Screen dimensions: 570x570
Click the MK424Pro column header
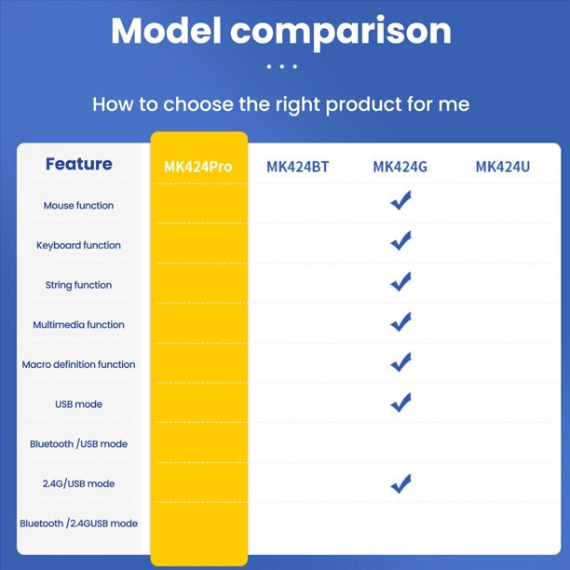(x=198, y=167)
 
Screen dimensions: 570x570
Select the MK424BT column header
(x=298, y=167)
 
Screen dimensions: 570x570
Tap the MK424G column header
(x=400, y=167)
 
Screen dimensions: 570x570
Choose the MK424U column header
(x=503, y=167)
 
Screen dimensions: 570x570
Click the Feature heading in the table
(x=79, y=164)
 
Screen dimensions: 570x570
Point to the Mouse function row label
(x=78, y=206)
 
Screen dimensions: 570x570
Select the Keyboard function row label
(x=78, y=245)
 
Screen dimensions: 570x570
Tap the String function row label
(x=78, y=285)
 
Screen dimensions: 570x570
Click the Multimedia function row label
(x=78, y=325)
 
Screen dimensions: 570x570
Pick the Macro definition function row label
(x=78, y=364)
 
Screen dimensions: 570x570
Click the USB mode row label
(x=78, y=404)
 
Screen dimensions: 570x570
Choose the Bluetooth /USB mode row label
(x=78, y=444)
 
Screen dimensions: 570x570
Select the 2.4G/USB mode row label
(x=78, y=483)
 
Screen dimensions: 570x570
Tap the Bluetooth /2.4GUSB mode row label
(x=78, y=523)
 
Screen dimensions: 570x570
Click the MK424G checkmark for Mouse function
(x=401, y=201)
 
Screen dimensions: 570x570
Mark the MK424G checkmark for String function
(x=401, y=282)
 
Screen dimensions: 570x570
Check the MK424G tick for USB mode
(x=401, y=403)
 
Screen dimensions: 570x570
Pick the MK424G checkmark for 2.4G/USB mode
(x=401, y=484)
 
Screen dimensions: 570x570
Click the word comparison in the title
(x=341, y=33)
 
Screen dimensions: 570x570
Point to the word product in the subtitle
(x=363, y=104)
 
